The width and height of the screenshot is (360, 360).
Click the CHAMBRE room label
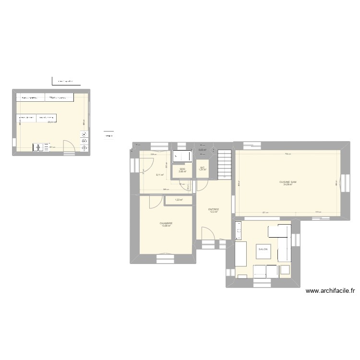tap(166, 223)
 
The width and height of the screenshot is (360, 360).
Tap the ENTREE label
tap(214, 209)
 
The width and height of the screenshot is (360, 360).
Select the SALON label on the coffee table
tap(263, 249)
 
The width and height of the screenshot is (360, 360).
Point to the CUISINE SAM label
tap(288, 182)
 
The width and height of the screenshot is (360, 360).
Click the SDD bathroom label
tap(182, 168)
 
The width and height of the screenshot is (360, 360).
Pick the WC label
tap(203, 167)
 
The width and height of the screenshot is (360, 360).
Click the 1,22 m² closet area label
tap(179, 200)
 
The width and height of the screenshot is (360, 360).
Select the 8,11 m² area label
tap(160, 175)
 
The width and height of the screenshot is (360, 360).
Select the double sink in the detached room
tap(41, 147)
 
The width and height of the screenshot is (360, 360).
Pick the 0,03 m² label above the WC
tap(202, 150)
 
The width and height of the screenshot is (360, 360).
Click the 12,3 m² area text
tap(214, 212)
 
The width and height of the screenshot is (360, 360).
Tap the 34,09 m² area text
tap(288, 185)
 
